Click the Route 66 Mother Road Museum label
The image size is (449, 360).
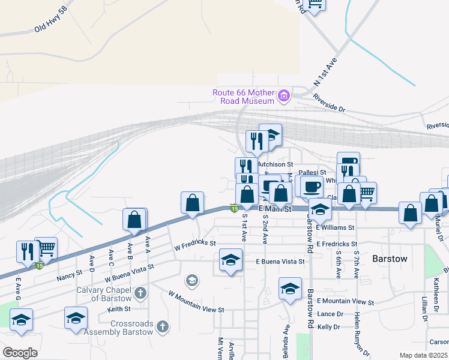point(243,97)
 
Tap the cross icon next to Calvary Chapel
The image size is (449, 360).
point(140,293)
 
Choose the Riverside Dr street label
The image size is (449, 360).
point(329,109)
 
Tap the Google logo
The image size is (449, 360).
point(20,352)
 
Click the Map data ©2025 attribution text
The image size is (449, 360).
point(423,355)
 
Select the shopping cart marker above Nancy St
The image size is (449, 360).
point(46,248)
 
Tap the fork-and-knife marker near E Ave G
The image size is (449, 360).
point(28,252)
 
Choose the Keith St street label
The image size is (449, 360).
point(119,309)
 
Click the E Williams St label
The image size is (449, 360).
point(335,228)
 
